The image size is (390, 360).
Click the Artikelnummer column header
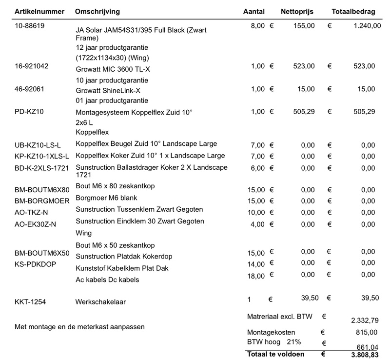click(x=37, y=11)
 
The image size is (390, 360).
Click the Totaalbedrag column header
click(x=353, y=11)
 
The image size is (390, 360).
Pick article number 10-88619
click(x=30, y=25)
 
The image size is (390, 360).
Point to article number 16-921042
click(x=32, y=65)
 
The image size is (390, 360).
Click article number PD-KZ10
click(x=30, y=112)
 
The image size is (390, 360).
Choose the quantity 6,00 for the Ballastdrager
click(x=257, y=168)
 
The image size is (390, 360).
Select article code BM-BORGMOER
click(x=42, y=200)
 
